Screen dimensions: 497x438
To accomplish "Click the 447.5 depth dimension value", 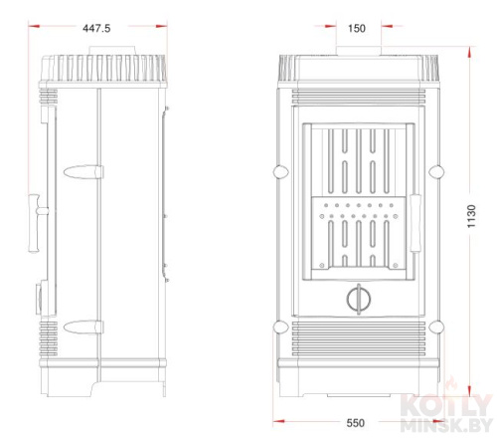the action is (96, 28).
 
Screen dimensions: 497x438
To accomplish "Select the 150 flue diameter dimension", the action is (357, 28).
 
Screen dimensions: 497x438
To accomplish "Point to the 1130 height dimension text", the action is (471, 216).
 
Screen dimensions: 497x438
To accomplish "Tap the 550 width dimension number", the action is (356, 423).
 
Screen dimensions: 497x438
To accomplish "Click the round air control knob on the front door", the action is (359, 299).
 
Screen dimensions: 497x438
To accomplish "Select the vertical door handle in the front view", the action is (415, 223).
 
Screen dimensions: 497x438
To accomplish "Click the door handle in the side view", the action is (37, 223).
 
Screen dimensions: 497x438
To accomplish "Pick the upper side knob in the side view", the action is (83, 172).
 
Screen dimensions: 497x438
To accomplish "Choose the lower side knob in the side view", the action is (83, 328).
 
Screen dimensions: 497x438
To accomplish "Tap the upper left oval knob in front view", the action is (281, 172).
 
